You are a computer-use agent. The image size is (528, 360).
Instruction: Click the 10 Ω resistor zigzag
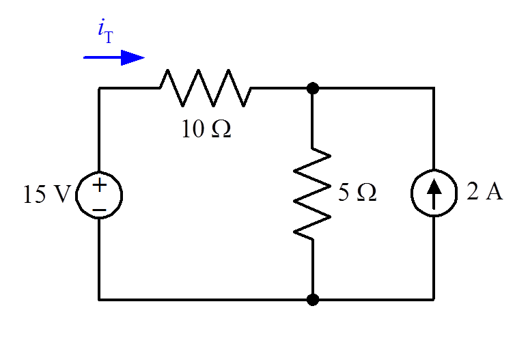pos(206,87)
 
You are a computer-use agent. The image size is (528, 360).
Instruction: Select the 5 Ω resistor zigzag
pos(312,193)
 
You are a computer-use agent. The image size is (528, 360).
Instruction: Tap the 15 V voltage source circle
pos(99,194)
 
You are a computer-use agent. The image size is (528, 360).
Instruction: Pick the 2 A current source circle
pos(434,194)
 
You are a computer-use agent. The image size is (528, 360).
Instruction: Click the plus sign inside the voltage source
pos(99,184)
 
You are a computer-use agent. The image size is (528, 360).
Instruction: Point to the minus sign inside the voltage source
pos(99,206)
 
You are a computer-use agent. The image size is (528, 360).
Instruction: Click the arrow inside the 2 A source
pos(434,194)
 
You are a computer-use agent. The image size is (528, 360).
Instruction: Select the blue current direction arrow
pos(114,58)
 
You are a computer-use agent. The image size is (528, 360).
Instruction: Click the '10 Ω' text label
pos(206,129)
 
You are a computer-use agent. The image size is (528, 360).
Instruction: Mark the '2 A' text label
pos(484,193)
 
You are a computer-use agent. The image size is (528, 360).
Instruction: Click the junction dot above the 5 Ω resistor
pos(313,88)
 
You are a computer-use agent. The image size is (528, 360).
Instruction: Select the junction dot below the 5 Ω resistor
pos(313,299)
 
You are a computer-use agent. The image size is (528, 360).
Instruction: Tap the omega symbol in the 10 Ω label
pos(221,129)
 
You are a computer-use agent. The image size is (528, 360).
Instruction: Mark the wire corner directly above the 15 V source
pos(99,88)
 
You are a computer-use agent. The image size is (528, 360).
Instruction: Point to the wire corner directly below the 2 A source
pos(434,299)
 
